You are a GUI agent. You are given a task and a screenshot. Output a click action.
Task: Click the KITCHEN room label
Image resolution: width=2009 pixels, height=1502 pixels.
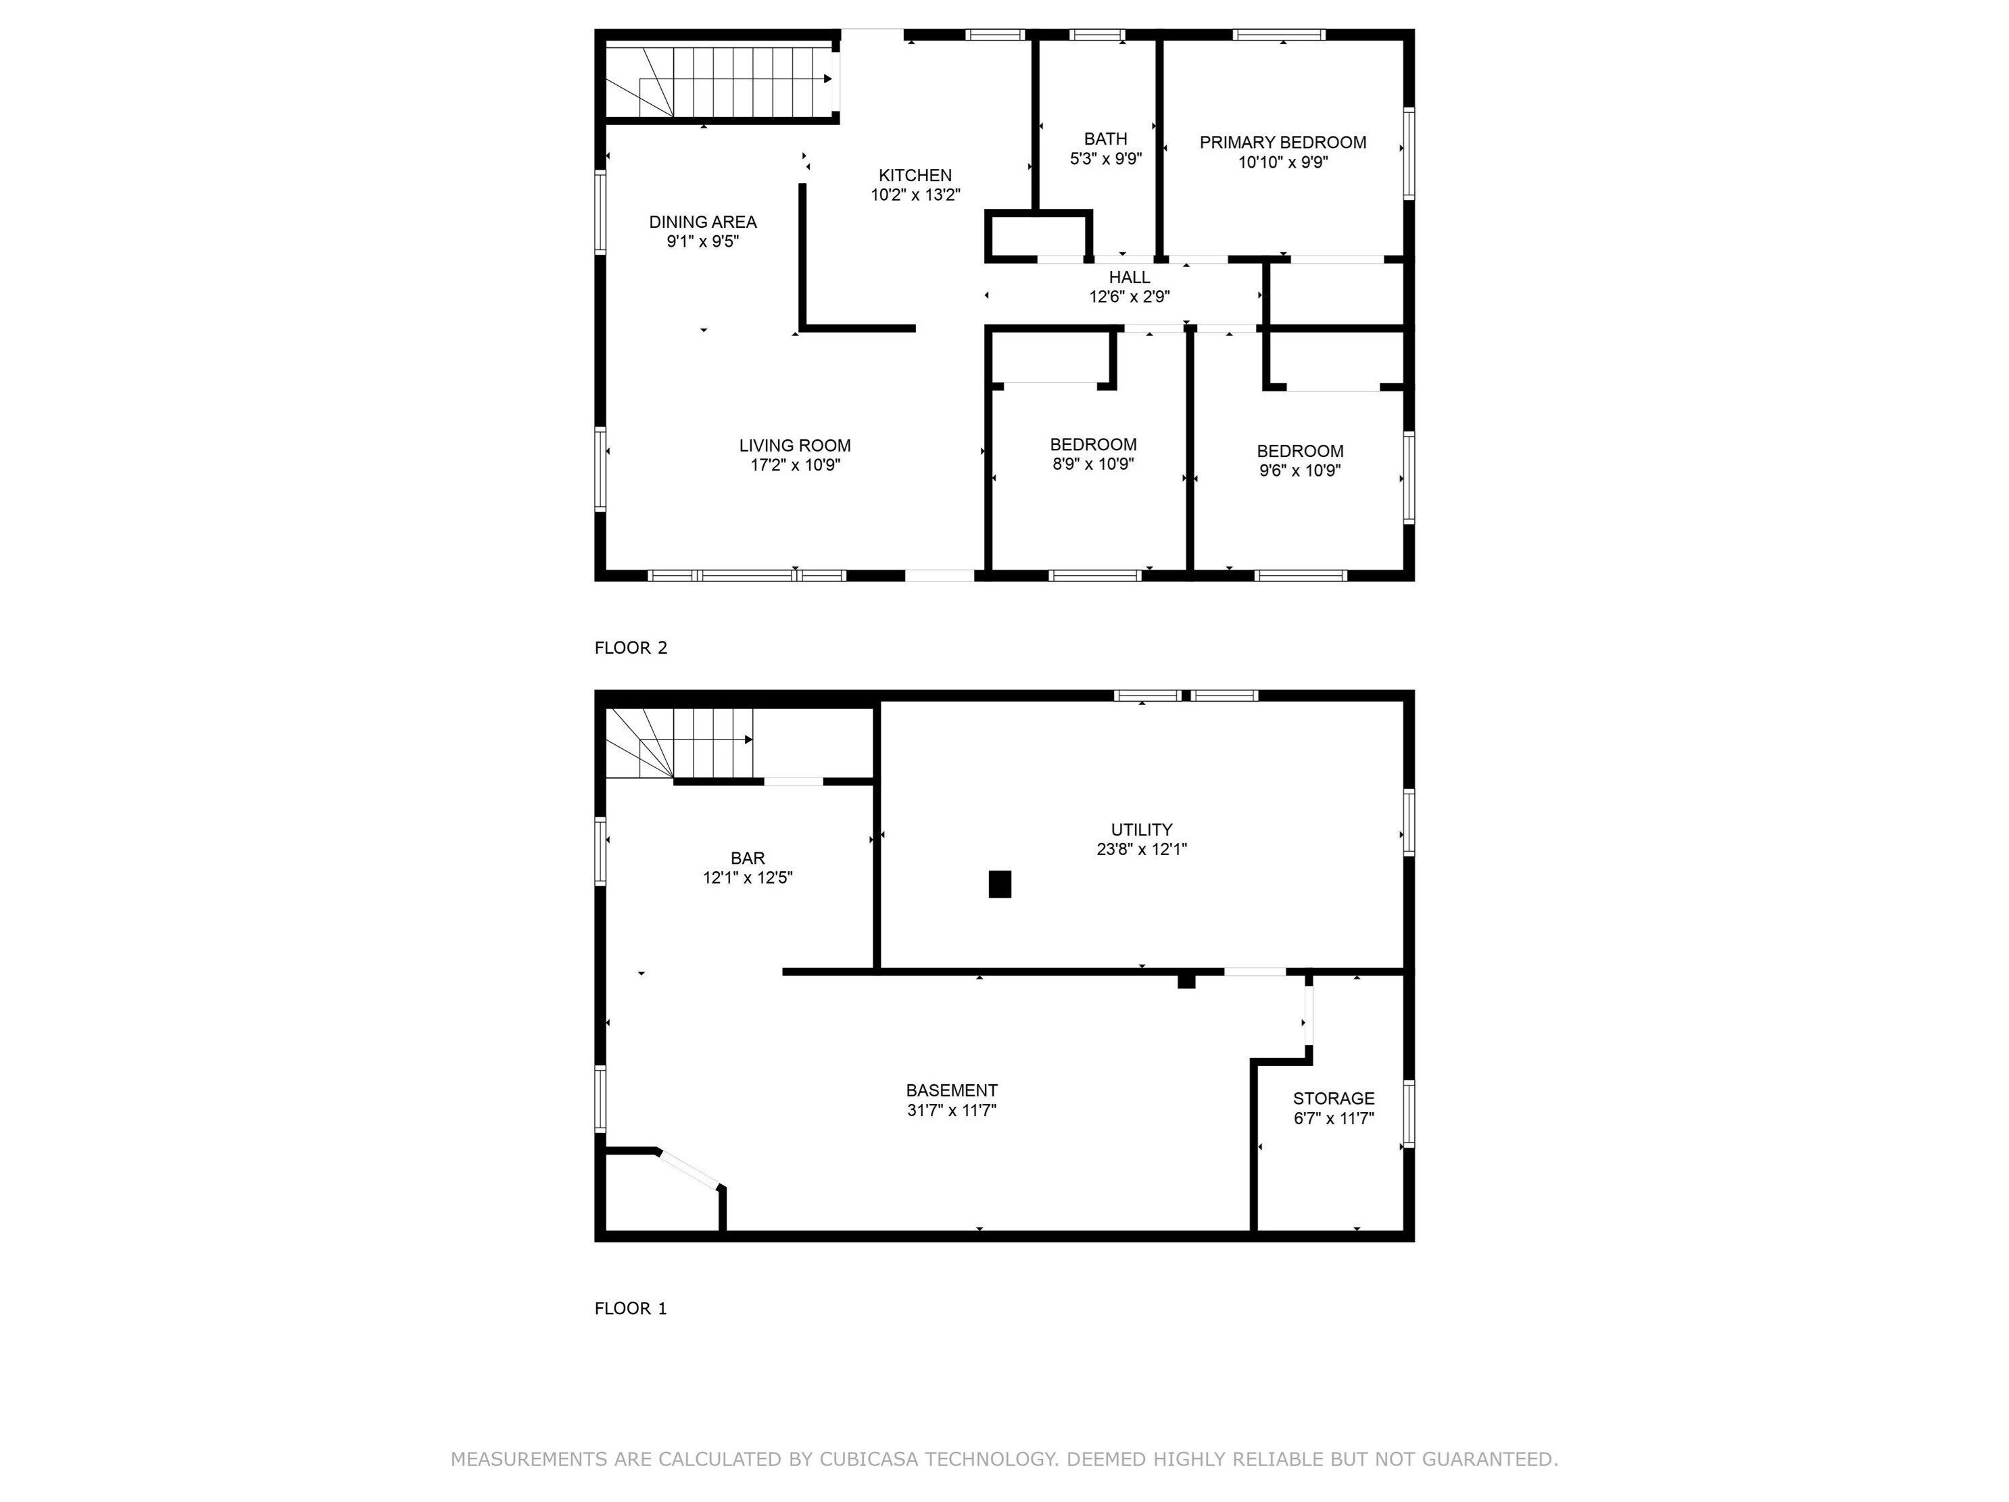915,175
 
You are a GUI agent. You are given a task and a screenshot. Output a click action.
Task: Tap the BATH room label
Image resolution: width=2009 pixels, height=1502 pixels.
1105,139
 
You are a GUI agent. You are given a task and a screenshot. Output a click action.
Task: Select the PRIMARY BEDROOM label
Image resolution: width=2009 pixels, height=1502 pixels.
1282,143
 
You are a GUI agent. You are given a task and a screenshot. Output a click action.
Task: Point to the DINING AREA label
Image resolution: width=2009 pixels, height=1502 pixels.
702,222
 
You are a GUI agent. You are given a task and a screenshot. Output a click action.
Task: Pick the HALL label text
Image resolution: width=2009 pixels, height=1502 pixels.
1129,277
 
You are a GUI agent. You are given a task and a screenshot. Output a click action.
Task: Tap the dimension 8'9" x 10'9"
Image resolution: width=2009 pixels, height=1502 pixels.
1092,464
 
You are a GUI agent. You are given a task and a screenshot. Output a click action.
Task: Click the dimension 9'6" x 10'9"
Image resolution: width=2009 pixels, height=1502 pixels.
1300,470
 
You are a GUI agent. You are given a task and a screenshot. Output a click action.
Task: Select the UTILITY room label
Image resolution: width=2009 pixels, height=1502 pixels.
1142,829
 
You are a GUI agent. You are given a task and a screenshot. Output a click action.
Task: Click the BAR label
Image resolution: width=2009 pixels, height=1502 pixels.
748,858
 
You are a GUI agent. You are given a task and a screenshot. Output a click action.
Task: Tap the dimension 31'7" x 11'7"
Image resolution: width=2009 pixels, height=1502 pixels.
952,1110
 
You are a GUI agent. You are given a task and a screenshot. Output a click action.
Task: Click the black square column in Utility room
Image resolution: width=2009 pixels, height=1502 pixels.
1000,884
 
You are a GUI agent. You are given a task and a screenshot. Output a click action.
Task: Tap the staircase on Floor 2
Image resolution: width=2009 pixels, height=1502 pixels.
720,81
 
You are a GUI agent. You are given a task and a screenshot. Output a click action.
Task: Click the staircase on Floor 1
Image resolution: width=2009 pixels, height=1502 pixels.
679,743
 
